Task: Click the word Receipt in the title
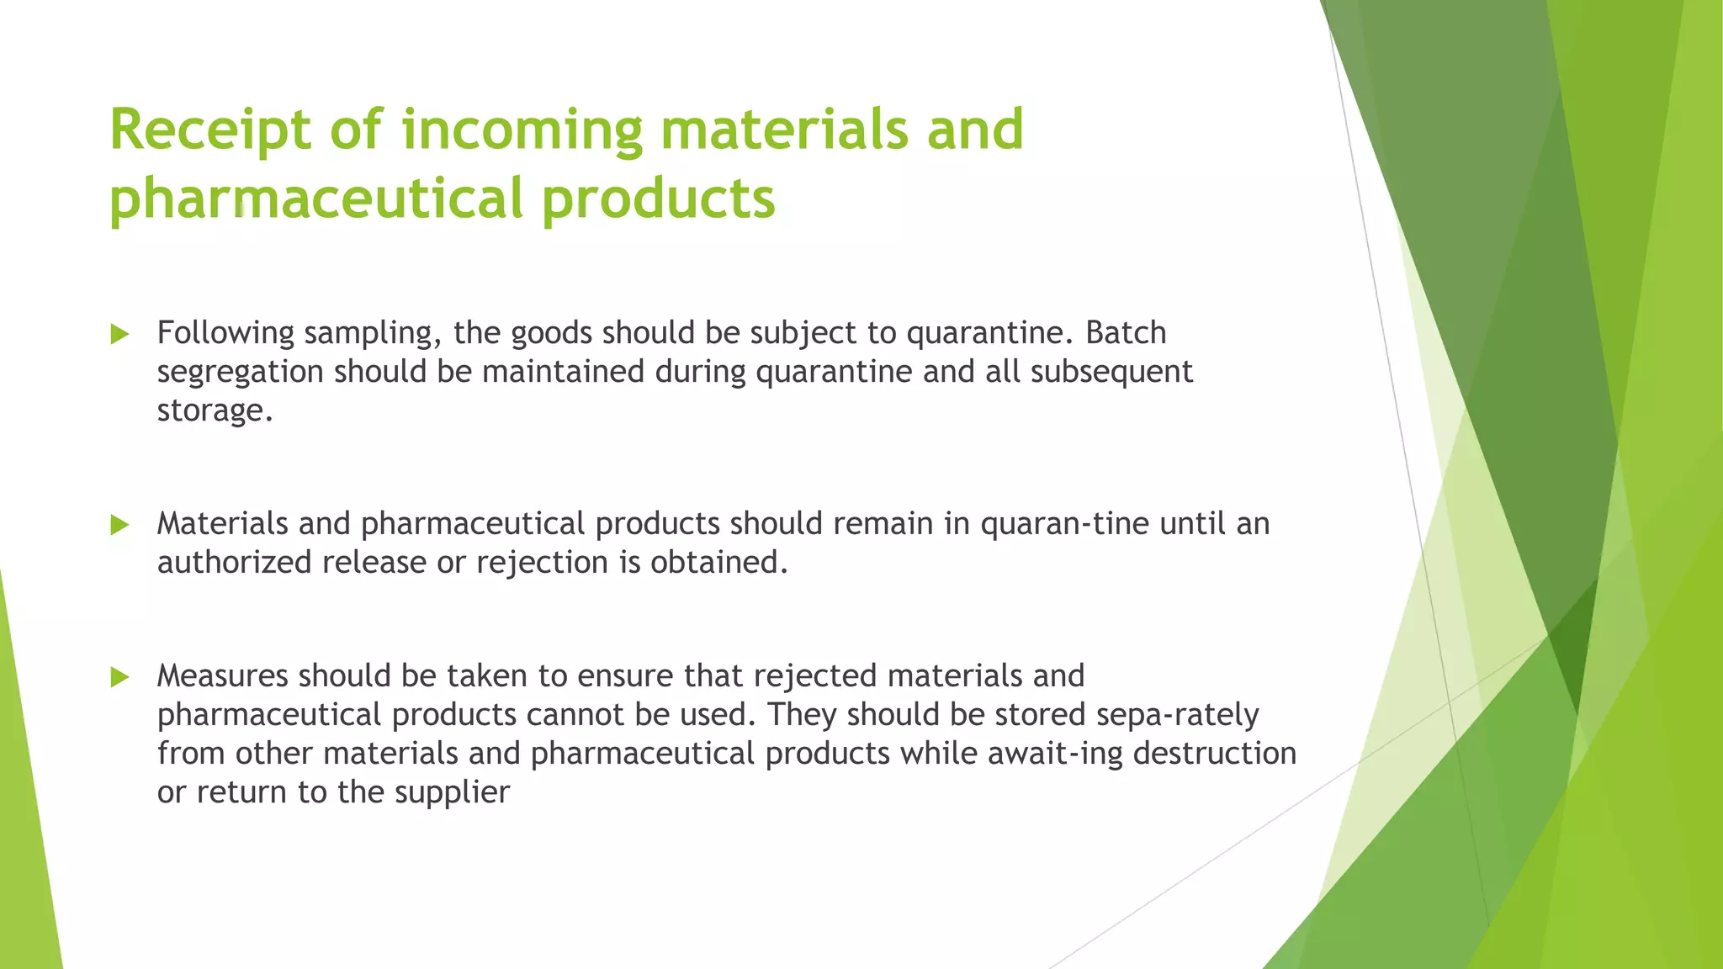tap(210, 130)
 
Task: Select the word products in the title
tap(658, 199)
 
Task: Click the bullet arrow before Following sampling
tap(119, 335)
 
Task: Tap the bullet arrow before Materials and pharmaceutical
tap(119, 526)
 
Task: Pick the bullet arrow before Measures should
tap(119, 677)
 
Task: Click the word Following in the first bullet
tap(225, 334)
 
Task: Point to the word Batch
tap(1126, 333)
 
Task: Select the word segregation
tap(240, 373)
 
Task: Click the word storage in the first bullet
tap(215, 411)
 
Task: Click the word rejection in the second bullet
tap(542, 563)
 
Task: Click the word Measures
tap(222, 676)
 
